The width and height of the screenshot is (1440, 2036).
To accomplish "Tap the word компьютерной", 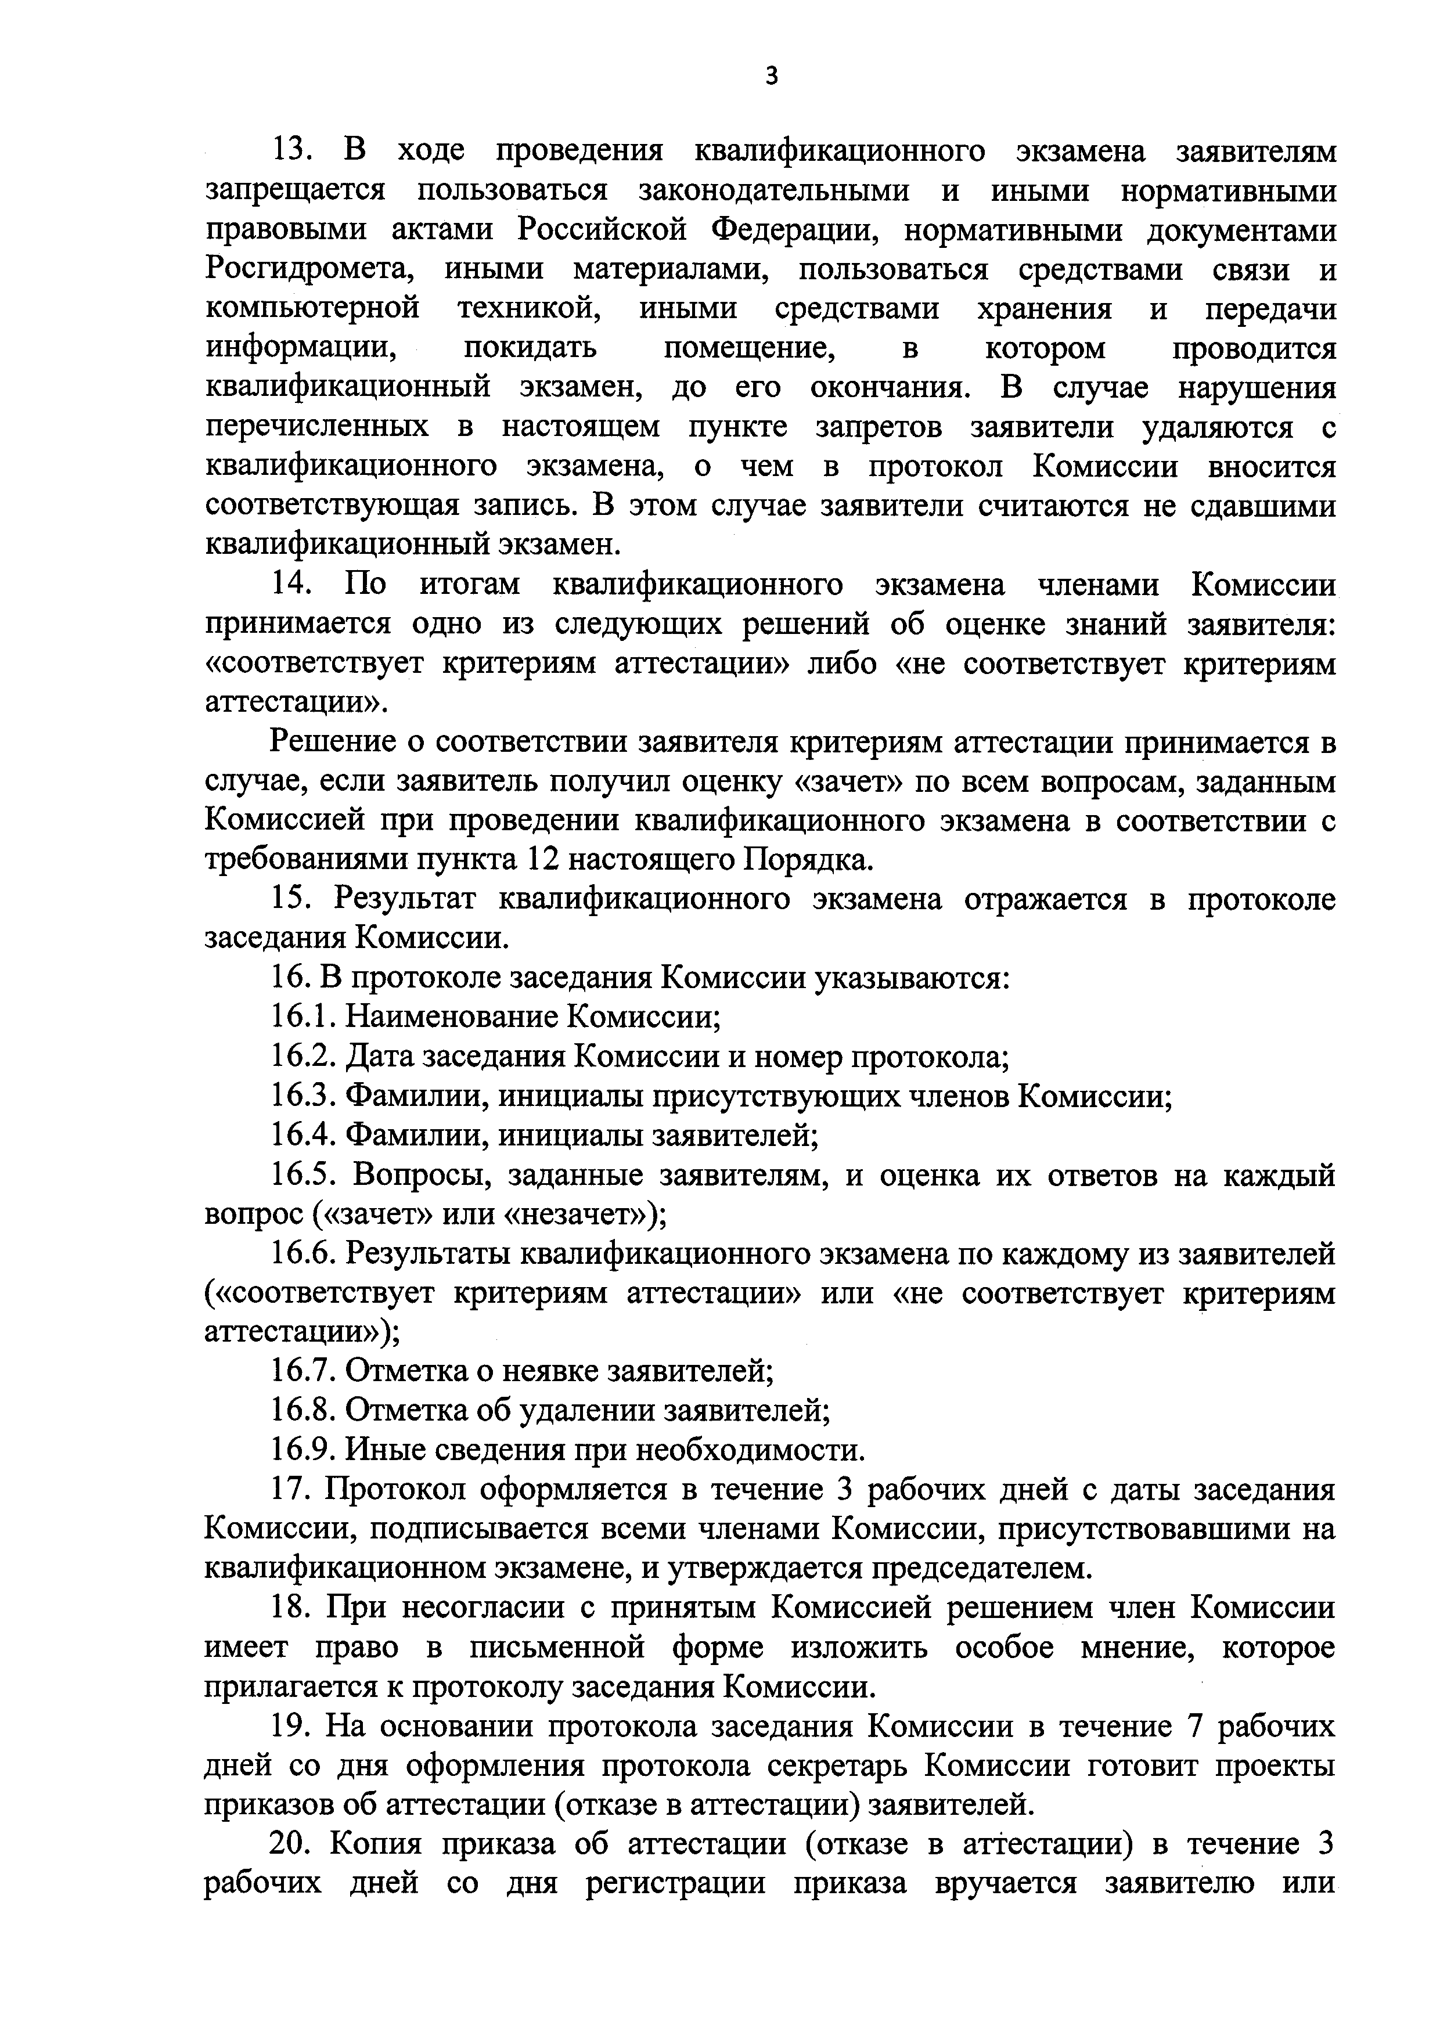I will pyautogui.click(x=312, y=309).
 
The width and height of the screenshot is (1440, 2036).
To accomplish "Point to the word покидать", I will pyautogui.click(x=530, y=348).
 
